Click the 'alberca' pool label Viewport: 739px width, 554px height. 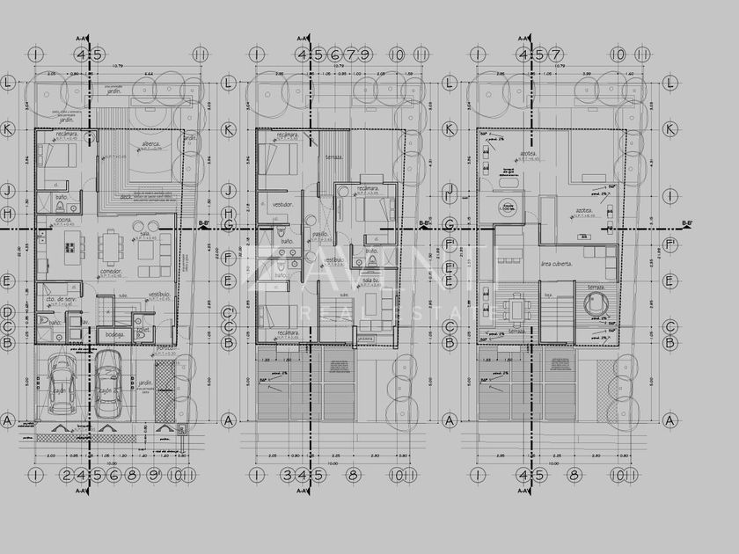tap(150, 143)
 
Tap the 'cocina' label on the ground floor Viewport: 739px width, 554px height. tap(63, 220)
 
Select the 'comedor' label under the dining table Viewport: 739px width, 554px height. tap(111, 273)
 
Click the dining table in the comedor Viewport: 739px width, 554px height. tap(111, 247)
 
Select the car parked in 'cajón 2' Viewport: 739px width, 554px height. tap(108, 383)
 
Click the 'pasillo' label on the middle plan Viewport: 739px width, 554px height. tap(320, 235)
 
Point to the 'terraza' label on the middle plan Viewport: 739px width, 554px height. tap(333, 157)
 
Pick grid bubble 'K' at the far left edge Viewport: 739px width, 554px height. tap(7, 128)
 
